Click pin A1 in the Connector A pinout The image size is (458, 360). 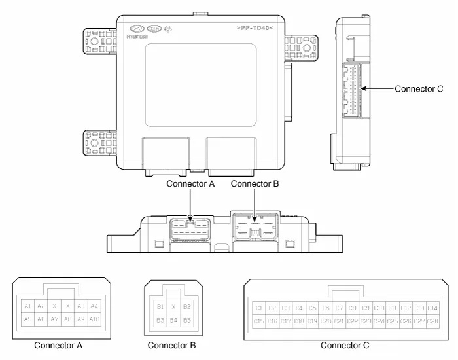point(27,306)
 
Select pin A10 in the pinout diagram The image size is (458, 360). point(94,319)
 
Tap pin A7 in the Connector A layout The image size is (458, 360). point(54,319)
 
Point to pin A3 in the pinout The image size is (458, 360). point(81,306)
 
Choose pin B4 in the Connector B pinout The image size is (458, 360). point(173,320)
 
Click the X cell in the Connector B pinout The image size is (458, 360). point(173,306)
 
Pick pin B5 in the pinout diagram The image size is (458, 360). point(187,320)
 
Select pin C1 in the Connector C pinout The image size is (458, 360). point(259,308)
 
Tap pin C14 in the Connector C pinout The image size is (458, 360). point(432,308)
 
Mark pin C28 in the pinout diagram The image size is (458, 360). point(432,321)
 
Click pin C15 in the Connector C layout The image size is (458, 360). point(259,321)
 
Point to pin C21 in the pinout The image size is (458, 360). point(339,321)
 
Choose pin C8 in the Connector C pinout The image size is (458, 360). point(352,308)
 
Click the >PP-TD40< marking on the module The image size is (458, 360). point(255,28)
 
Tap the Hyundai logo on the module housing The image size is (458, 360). point(137,29)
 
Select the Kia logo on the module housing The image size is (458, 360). point(154,29)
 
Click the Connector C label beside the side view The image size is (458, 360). point(419,89)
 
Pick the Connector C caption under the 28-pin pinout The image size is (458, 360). point(345,346)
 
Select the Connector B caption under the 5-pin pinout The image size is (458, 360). point(171,346)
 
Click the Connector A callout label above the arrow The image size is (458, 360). point(190,184)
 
